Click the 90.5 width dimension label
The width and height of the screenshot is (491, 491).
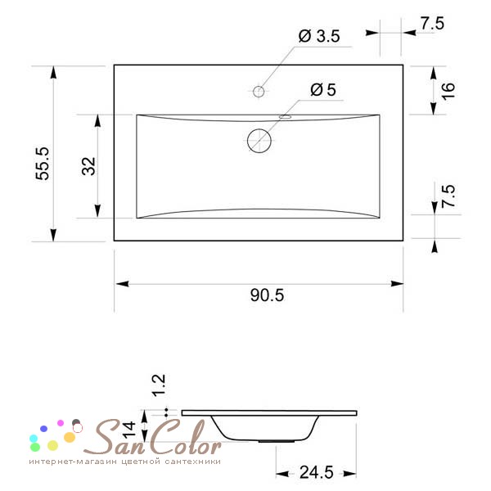pyautogui.click(x=267, y=295)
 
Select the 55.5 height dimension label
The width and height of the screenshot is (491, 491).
pyautogui.click(x=43, y=164)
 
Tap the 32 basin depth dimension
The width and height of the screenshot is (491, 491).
pyautogui.click(x=88, y=166)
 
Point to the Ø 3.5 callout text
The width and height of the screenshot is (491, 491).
pyautogui.click(x=319, y=36)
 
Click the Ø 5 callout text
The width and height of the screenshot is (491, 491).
pyautogui.click(x=323, y=90)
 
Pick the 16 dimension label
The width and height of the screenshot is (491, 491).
pyautogui.click(x=448, y=91)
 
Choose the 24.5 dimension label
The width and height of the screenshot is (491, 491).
pyautogui.click(x=316, y=472)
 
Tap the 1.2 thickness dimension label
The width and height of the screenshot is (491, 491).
pyautogui.click(x=159, y=385)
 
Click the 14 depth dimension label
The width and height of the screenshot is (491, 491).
pyautogui.click(x=128, y=430)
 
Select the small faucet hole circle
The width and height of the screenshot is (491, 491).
pyautogui.click(x=259, y=92)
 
